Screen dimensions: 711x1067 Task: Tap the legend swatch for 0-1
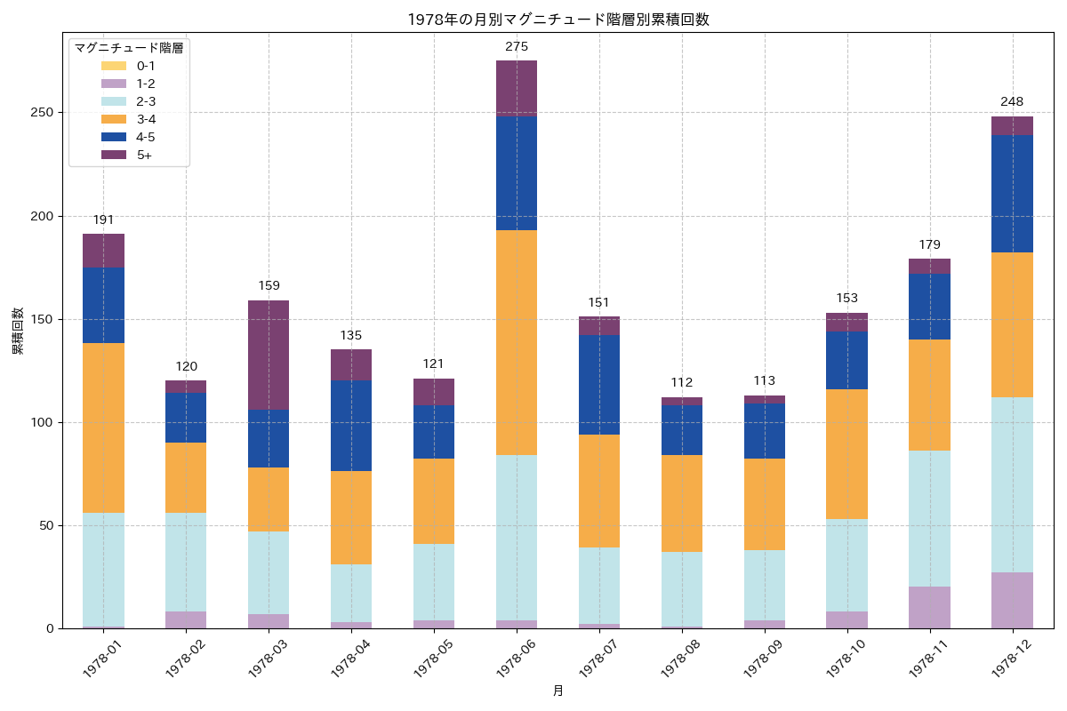click(x=114, y=66)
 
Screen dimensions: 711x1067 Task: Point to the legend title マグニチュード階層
click(x=129, y=47)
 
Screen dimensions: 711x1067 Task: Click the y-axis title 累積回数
click(x=17, y=331)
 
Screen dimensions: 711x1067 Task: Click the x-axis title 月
click(x=558, y=691)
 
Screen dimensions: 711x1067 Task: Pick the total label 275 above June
click(x=517, y=47)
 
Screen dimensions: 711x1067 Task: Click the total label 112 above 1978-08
click(x=682, y=383)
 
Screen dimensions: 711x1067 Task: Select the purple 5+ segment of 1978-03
click(x=269, y=355)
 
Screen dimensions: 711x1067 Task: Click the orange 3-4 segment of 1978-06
click(x=517, y=342)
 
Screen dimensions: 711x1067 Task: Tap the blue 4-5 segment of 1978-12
click(x=1012, y=194)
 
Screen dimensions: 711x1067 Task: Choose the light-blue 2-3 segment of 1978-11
click(x=929, y=518)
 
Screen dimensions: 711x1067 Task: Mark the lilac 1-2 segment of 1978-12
click(x=1012, y=601)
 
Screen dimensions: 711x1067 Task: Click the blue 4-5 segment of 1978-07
click(x=599, y=385)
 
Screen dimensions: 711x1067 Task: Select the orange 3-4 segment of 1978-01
click(x=103, y=427)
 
